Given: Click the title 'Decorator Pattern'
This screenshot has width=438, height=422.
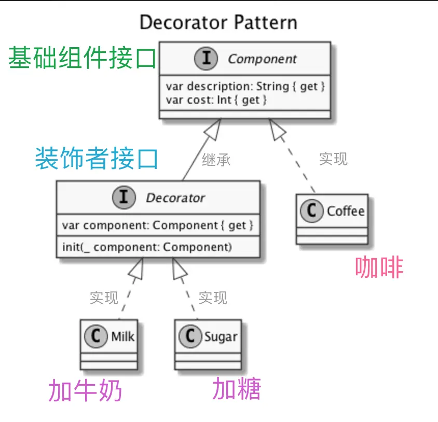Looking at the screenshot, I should click(x=218, y=23).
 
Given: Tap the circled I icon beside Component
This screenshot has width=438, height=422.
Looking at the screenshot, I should click(x=206, y=59).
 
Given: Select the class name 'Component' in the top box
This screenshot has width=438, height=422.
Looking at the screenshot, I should click(x=262, y=59).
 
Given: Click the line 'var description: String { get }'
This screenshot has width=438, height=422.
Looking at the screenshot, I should click(x=245, y=86).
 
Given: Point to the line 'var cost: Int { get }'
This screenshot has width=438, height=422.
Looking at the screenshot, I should click(x=216, y=100).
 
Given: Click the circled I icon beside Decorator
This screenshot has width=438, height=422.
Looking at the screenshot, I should click(x=124, y=198).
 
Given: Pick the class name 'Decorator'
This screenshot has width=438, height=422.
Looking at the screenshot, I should click(x=175, y=198).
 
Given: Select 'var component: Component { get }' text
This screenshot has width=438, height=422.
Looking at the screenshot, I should click(x=158, y=226).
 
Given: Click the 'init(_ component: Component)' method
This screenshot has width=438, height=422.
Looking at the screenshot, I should click(x=147, y=247).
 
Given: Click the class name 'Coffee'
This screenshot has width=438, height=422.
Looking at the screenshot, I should click(x=346, y=211).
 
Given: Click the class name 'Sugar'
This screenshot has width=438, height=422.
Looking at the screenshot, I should click(x=221, y=336).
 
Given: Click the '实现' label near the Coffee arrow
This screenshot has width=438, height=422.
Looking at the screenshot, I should click(x=333, y=159).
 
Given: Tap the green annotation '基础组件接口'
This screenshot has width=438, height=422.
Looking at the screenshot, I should click(x=82, y=59).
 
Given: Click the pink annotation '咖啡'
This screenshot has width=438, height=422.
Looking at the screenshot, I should click(x=379, y=268).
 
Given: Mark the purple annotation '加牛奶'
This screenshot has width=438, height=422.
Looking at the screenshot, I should click(x=86, y=391).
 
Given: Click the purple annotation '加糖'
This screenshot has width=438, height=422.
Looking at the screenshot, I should click(x=237, y=389).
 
